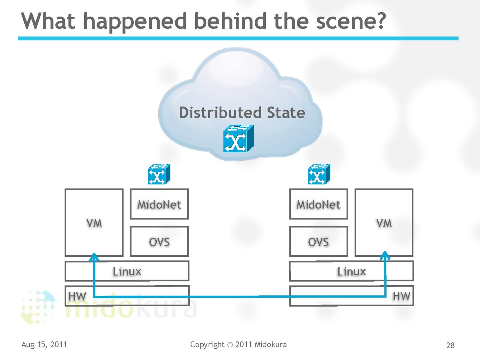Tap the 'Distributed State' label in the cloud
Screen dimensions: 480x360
[242, 112]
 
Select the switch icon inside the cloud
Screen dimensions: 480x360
[238, 139]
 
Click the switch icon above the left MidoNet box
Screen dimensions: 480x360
[159, 174]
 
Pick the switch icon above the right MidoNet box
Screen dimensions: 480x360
[319, 174]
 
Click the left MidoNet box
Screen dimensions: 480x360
[159, 204]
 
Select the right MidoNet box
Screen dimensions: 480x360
[319, 204]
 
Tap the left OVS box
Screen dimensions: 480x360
[159, 241]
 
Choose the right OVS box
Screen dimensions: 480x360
[319, 241]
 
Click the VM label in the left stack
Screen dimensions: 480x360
[94, 223]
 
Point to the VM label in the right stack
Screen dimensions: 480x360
[384, 223]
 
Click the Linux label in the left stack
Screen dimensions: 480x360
[127, 271]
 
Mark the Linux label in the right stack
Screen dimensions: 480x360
[352, 271]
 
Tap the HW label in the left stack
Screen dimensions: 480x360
[77, 296]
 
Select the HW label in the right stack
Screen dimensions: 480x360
[401, 296]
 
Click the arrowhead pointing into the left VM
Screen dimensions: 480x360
[94, 257]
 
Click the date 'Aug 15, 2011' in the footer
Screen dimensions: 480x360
[44, 344]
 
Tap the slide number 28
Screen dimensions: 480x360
[451, 345]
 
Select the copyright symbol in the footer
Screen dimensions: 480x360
[230, 345]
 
